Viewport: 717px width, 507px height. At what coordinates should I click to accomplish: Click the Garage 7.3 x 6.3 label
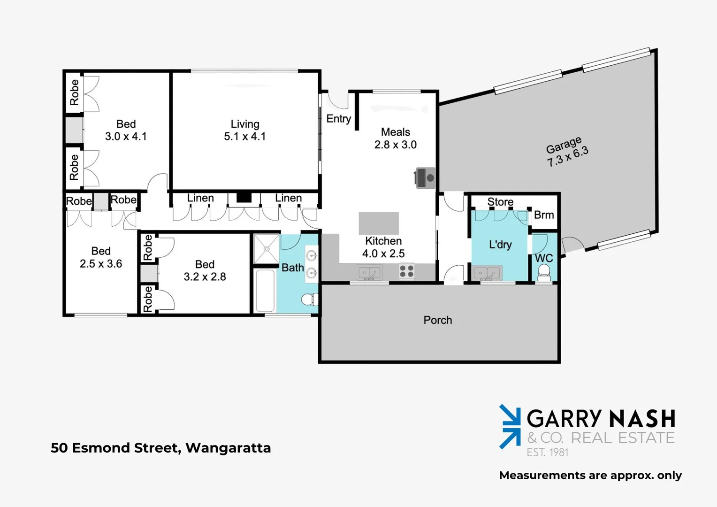click(566, 151)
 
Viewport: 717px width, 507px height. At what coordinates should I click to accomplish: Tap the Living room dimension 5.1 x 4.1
click(244, 137)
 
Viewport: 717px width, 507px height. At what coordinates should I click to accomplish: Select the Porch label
click(437, 320)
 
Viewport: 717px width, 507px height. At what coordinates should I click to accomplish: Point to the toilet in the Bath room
click(309, 299)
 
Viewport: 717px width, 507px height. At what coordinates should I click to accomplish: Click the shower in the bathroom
click(266, 249)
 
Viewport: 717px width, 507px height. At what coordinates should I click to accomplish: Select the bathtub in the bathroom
click(265, 291)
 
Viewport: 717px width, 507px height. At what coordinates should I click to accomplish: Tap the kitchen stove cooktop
click(406, 271)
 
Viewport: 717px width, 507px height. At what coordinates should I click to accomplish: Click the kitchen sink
click(370, 272)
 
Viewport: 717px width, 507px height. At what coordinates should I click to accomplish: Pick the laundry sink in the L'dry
click(487, 273)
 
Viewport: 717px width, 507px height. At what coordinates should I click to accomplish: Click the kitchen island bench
click(379, 223)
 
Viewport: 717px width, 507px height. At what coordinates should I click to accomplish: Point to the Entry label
click(338, 119)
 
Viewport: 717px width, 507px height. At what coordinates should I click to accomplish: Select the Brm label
click(544, 215)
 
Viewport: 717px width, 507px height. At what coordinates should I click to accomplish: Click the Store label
click(500, 202)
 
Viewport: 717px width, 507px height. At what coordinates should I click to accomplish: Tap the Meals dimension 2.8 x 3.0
click(395, 145)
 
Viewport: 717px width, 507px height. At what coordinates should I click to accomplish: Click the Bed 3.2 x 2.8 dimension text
click(205, 277)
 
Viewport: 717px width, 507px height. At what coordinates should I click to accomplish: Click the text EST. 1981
click(547, 453)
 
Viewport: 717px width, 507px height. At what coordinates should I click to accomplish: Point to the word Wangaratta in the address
click(228, 448)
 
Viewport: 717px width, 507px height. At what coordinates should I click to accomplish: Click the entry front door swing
click(338, 100)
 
